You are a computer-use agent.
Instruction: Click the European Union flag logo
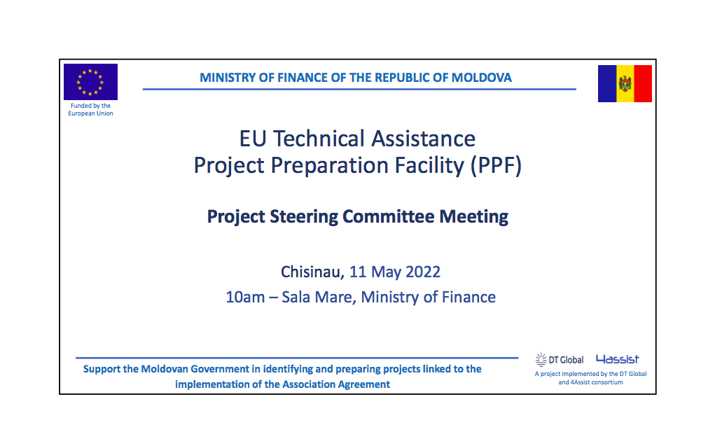point(90,82)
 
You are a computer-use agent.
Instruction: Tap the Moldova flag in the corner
point(625,83)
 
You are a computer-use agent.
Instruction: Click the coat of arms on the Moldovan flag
point(625,84)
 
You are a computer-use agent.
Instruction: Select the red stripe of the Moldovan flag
point(643,83)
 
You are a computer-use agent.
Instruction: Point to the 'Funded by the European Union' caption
point(91,109)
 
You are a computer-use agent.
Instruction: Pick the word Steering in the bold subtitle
point(304,217)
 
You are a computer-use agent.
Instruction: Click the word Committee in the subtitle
point(389,216)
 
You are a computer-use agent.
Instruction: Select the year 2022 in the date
point(423,272)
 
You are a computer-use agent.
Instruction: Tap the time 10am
point(245,298)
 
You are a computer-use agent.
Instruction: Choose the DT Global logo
point(560,360)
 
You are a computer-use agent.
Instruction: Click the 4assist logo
point(618,359)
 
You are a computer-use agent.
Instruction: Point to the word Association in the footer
point(308,384)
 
